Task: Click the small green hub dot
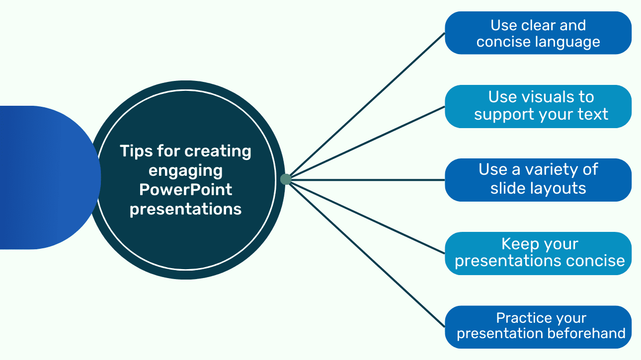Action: coord(286,179)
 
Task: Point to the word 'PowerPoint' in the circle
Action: coord(186,189)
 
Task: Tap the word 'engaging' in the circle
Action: coord(185,170)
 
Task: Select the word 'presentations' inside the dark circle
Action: coord(186,209)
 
